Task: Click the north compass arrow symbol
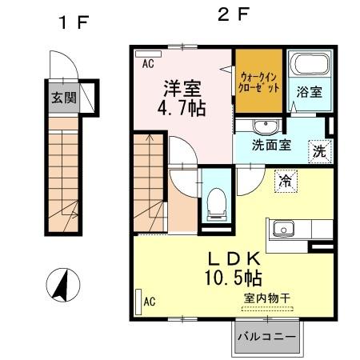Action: tap(59, 285)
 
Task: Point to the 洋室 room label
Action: tap(183, 86)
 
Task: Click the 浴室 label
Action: tap(310, 92)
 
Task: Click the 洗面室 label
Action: tap(272, 146)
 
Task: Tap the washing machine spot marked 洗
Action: tap(319, 149)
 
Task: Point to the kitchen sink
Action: tap(282, 230)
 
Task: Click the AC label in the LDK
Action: tap(149, 301)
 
